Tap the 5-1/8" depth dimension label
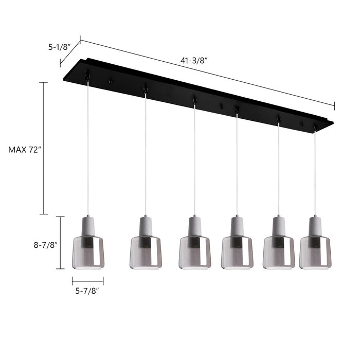(60, 47)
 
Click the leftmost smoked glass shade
(88, 253)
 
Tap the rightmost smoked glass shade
(315, 253)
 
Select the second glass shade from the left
(146, 253)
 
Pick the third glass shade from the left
(195, 253)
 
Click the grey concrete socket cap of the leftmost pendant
(88, 225)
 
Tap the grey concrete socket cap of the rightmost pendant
(315, 225)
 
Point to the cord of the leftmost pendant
(88, 149)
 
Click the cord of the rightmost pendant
(315, 170)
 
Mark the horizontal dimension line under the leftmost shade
(88, 281)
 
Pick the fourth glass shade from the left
(237, 253)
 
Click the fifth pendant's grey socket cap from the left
(279, 225)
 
